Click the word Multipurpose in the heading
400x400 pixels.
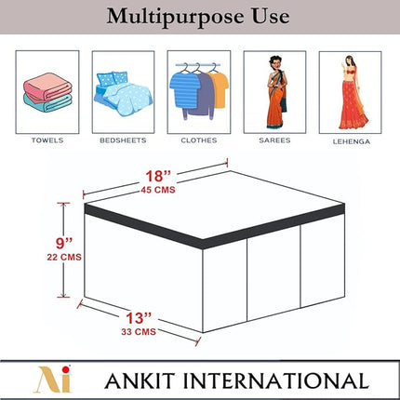coord(176,17)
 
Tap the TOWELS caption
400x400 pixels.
coord(47,140)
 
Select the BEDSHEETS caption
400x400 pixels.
coord(123,140)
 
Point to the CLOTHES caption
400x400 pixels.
coord(199,140)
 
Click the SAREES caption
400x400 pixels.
coord(274,140)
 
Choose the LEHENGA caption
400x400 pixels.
coord(352,141)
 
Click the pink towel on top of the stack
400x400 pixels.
coord(47,87)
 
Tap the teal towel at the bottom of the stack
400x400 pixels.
coord(47,103)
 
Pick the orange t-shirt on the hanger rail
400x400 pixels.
coord(219,89)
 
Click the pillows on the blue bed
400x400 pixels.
coord(113,78)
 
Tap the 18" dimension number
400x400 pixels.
coord(158,176)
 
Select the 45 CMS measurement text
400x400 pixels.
coord(158,190)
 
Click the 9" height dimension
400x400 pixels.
coord(64,243)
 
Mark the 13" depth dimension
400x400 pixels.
coord(139,318)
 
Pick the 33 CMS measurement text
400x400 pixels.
coord(139,332)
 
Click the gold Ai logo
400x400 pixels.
coord(55,379)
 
